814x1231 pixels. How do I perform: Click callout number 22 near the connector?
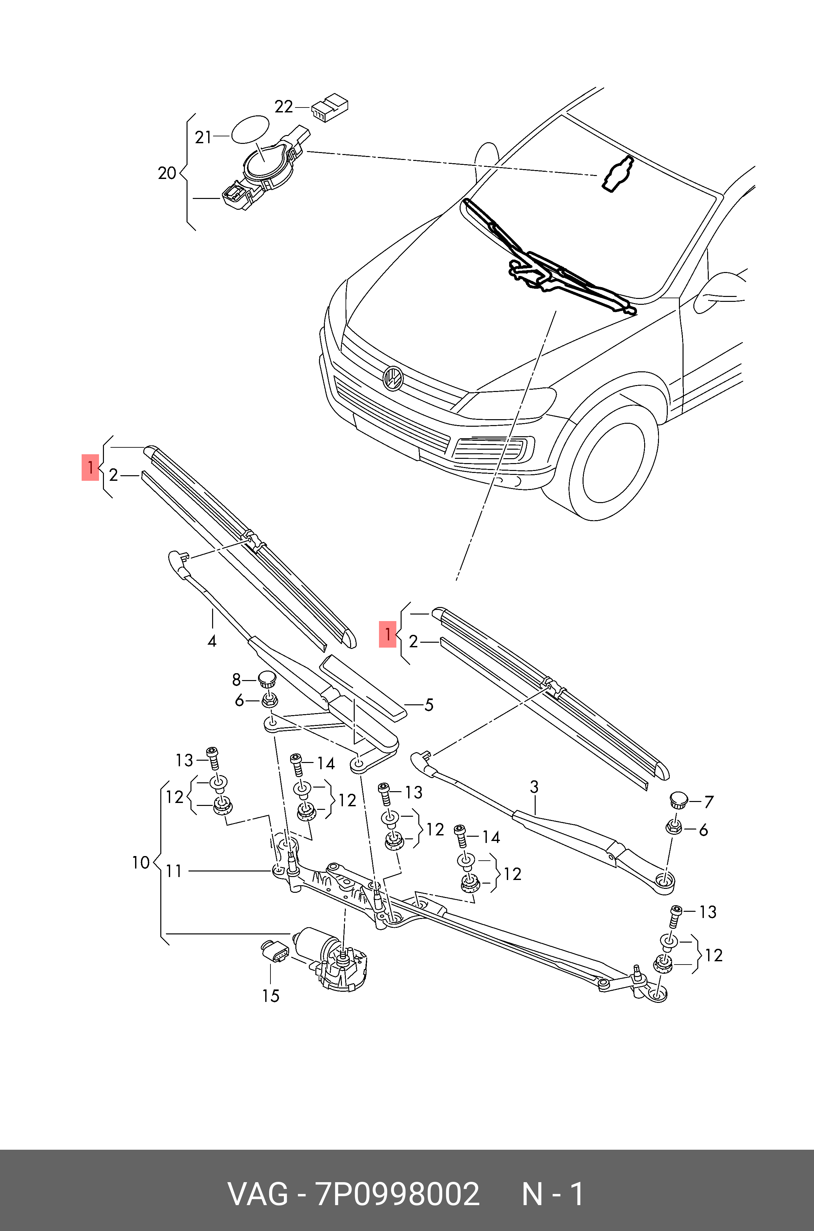[284, 107]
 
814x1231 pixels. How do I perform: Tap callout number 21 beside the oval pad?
[203, 138]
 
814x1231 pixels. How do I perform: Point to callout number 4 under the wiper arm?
[212, 641]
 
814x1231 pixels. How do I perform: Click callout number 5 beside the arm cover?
[429, 705]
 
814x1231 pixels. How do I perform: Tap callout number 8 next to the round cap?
[236, 679]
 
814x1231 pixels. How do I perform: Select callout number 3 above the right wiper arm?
[534, 787]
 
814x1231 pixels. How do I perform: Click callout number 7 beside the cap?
[709, 802]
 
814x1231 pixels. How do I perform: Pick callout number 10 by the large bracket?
[141, 863]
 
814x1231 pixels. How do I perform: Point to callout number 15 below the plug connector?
[270, 996]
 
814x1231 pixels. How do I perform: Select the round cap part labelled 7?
[679, 800]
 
